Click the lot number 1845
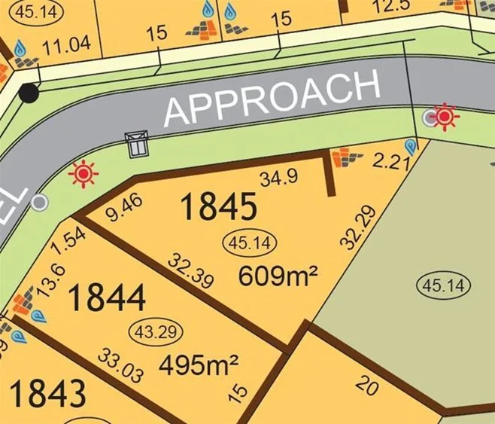(x=219, y=206)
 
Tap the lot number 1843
(x=47, y=393)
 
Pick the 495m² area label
(x=199, y=366)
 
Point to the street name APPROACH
(x=272, y=98)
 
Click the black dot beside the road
(x=29, y=93)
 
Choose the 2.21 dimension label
(x=388, y=160)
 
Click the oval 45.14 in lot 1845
(x=251, y=243)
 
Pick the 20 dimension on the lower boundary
(x=366, y=386)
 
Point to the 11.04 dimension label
(x=66, y=44)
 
